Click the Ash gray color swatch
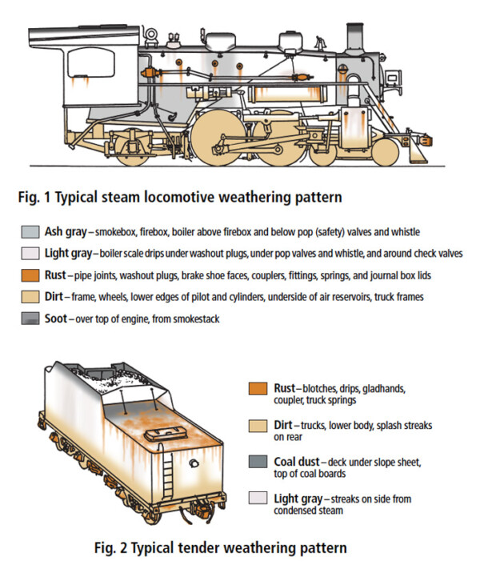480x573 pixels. [x=29, y=234]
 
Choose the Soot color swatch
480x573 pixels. [x=29, y=319]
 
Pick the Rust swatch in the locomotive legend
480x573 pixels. [x=29, y=275]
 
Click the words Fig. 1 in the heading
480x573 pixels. [x=40, y=194]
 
